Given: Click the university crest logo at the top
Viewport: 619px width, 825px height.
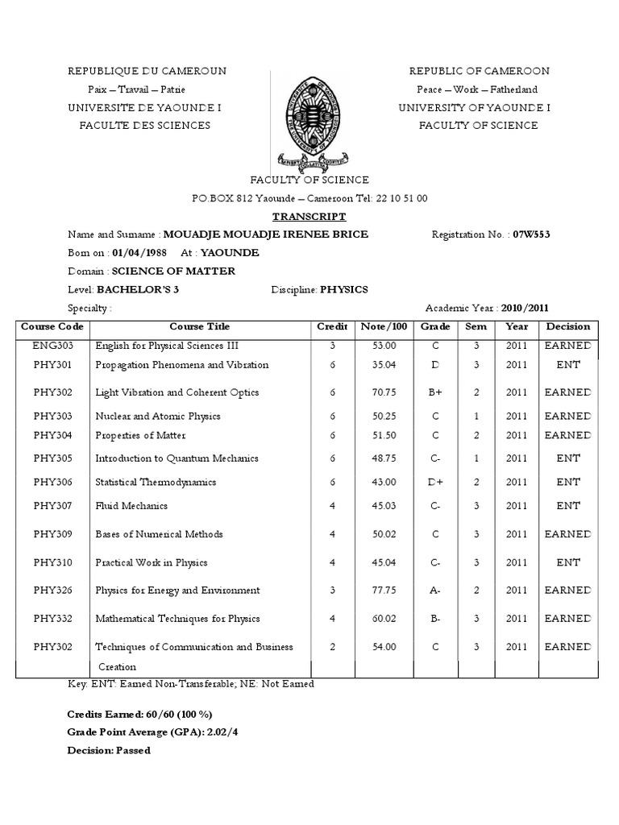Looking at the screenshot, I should click(x=309, y=118).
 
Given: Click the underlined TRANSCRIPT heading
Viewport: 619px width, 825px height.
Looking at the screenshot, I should click(x=309, y=217).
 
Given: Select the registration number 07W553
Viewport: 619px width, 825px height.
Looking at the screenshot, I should click(x=530, y=234).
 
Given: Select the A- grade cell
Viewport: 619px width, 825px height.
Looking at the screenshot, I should click(x=434, y=591).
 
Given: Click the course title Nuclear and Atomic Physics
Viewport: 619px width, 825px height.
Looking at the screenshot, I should click(x=158, y=417).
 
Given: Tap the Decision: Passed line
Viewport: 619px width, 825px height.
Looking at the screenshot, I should click(x=109, y=750).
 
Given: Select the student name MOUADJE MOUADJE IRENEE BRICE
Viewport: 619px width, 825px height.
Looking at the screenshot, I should click(x=265, y=234).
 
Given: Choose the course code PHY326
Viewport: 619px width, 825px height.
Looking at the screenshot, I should click(x=52, y=591).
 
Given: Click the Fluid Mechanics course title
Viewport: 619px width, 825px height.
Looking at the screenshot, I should click(x=131, y=506).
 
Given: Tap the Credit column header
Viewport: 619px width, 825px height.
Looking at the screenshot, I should click(x=332, y=327).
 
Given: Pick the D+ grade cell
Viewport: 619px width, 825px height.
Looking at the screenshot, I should click(x=434, y=482).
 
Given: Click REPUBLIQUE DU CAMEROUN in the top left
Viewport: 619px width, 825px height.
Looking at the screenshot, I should click(x=147, y=71).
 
